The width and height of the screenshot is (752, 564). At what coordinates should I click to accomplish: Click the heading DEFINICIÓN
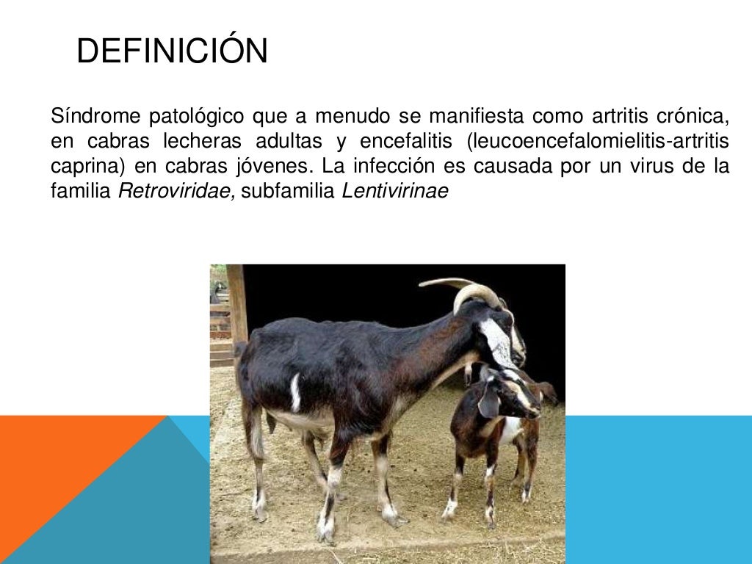(x=172, y=51)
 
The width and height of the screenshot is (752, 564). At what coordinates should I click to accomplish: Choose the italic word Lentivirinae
(x=395, y=192)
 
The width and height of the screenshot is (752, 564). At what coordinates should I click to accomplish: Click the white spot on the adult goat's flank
(x=295, y=393)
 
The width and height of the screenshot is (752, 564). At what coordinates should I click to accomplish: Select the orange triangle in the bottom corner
(x=59, y=477)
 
